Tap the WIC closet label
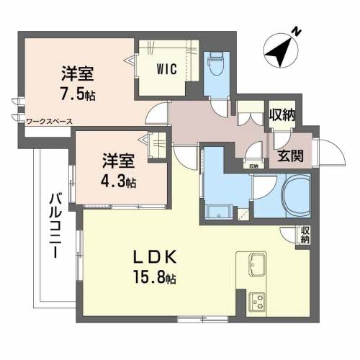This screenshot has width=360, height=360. pos(168,71)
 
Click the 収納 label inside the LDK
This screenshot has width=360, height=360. pos(305,234)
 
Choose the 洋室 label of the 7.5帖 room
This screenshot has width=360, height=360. pos(76,73)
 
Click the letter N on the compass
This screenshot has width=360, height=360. pos(294,31)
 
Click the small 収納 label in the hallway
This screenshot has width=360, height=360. pos(253,166)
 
